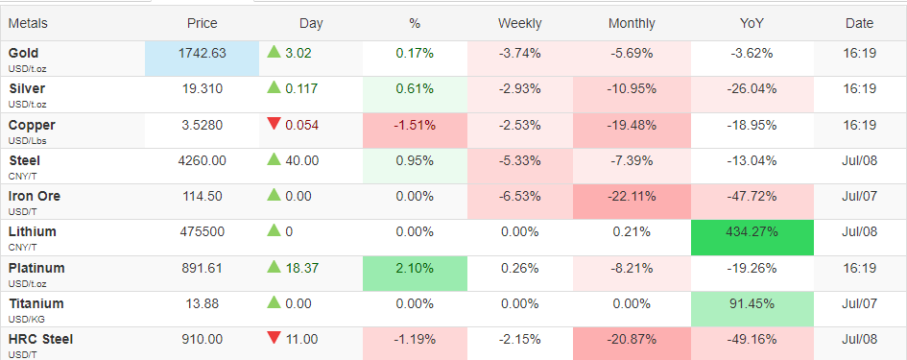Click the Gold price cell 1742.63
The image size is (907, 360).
coord(202,53)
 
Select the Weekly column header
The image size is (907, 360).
coord(519,24)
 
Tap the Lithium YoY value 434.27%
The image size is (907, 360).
coord(752,232)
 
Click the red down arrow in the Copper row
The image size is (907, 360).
coord(274,124)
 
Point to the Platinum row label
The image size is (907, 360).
coord(36,268)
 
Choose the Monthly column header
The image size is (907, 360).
coord(632,24)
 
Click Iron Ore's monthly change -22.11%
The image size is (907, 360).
coord(632,196)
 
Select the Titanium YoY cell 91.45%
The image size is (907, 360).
coord(752,304)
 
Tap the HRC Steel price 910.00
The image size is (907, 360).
coord(202,339)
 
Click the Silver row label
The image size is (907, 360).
coord(27,88)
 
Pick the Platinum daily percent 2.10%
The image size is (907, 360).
coord(415,268)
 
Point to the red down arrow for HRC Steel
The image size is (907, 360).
coord(274,339)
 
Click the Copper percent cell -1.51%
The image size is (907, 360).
coord(415,125)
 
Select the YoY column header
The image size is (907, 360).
coord(752,24)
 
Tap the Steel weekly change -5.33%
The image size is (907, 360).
coord(519,160)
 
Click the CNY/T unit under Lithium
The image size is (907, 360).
coord(21,248)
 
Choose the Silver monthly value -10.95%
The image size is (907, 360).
coord(632,89)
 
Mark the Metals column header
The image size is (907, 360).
coord(28,24)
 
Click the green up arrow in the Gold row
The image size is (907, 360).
coord(274,52)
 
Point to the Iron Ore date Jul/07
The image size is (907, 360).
coord(860,196)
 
